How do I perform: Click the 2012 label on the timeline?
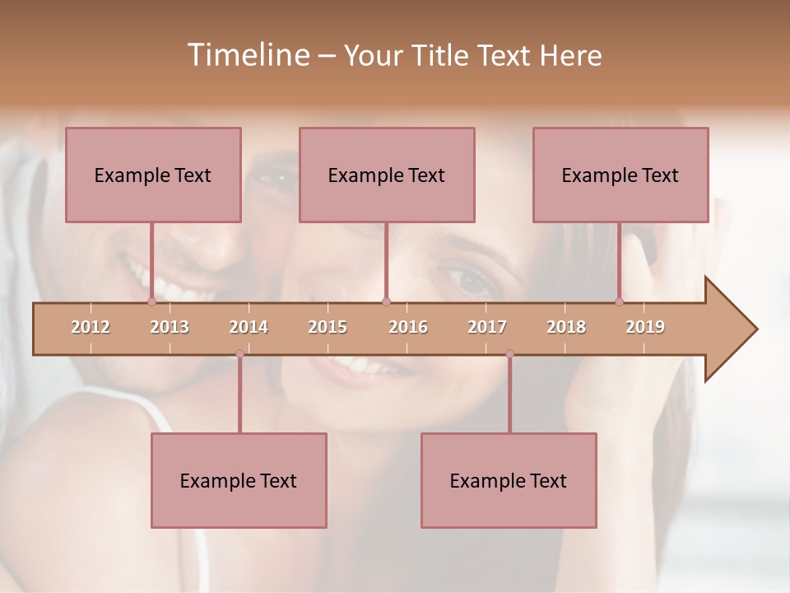[91, 327]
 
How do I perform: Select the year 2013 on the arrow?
[170, 327]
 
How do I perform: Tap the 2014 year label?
[249, 327]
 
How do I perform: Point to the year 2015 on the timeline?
[328, 327]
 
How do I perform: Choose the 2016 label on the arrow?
[408, 327]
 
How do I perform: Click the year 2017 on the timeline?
[487, 327]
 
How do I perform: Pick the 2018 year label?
[566, 327]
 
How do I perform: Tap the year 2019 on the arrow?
[645, 327]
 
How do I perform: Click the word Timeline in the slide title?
[246, 55]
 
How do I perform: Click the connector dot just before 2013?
[151, 301]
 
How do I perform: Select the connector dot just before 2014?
[239, 354]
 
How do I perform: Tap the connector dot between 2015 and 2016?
[386, 301]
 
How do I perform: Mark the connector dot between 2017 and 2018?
[509, 354]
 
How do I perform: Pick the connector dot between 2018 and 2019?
[619, 301]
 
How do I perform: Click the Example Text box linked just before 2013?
[153, 175]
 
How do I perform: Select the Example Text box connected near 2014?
[239, 480]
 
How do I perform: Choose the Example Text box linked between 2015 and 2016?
[387, 175]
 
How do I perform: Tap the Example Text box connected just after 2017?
[509, 480]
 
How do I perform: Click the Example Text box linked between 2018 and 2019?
[620, 175]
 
